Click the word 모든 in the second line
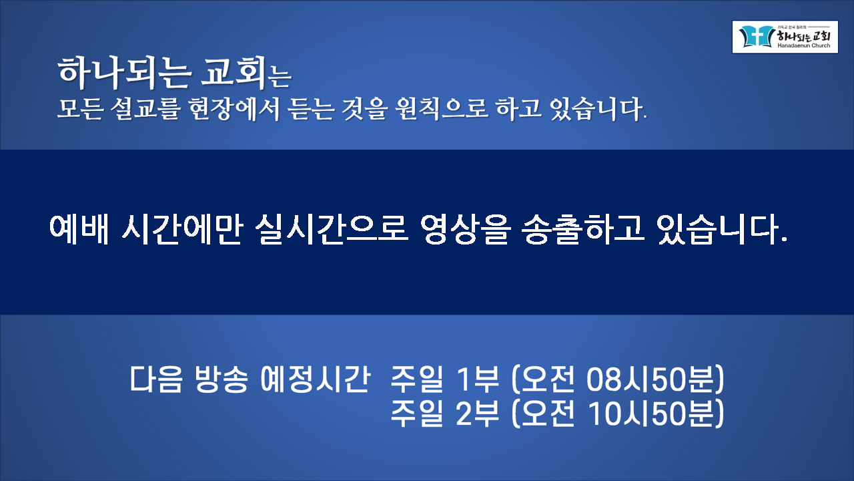pos(81,109)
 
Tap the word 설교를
pos(145,109)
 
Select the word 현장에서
pos(234,109)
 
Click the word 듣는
pos(311,109)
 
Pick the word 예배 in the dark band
pos(79,229)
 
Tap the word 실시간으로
pos(332,229)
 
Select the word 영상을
pos(465,229)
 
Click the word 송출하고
pos(582,229)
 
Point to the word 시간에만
pos(182,229)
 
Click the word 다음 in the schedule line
pos(156,379)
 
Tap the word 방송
pos(222,379)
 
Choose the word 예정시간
pos(316,379)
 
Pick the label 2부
pos(478,414)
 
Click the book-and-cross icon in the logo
pos(757,37)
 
